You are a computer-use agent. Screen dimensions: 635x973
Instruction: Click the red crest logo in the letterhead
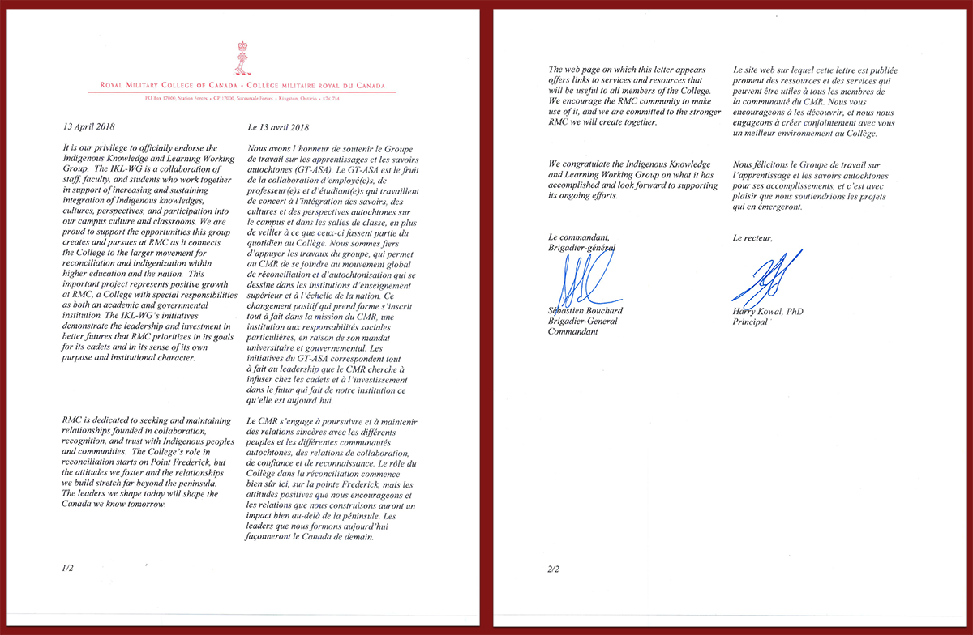(240, 58)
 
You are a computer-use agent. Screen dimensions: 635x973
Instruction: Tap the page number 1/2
(67, 569)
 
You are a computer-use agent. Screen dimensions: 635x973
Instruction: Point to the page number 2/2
(554, 569)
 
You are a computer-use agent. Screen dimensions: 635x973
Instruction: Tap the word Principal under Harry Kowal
(751, 322)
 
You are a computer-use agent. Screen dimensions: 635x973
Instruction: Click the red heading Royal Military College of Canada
(169, 85)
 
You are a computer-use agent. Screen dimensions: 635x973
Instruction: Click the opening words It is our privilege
(103, 148)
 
